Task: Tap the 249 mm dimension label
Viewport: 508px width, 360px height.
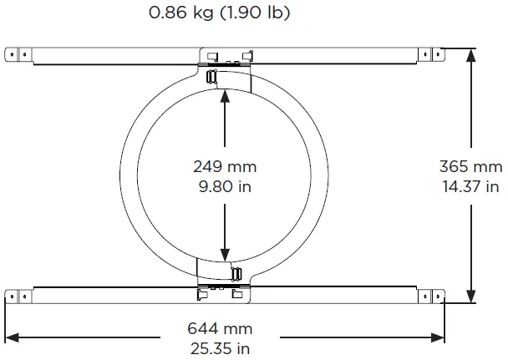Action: [x=224, y=167]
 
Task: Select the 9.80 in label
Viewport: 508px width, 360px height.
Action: [x=224, y=186]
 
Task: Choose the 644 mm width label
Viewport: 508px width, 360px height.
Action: [x=220, y=329]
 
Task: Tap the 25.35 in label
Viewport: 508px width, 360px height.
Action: [x=220, y=347]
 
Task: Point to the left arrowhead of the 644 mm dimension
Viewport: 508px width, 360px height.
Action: [x=13, y=337]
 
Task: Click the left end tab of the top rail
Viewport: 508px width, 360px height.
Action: [x=18, y=54]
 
